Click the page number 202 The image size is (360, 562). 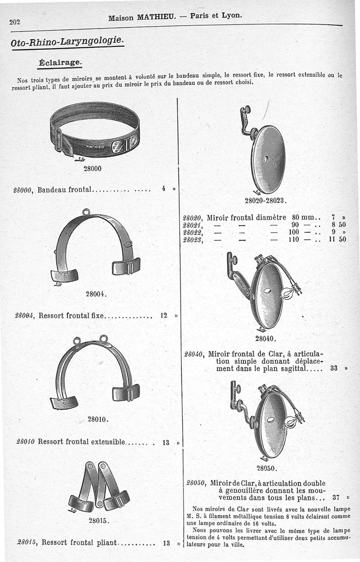[14, 22]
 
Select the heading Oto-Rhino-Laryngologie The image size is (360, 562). [67, 41]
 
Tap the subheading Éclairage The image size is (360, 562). [60, 62]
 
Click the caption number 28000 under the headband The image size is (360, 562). [92, 168]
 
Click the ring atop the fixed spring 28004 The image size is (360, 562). [86, 212]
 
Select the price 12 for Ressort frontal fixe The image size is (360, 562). [164, 315]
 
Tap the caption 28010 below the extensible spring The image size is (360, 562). [98, 419]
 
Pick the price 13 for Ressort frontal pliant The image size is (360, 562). [166, 543]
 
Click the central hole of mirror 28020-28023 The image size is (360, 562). [266, 159]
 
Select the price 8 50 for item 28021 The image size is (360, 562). [339, 225]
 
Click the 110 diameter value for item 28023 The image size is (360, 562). [294, 239]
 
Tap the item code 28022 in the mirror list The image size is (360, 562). [193, 232]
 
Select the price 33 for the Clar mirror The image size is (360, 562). [334, 368]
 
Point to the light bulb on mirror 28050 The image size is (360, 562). [291, 421]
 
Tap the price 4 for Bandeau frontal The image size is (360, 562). [163, 188]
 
